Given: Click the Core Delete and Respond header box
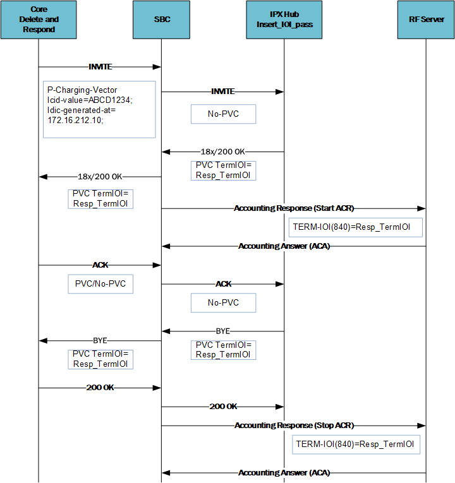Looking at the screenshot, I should (39, 20).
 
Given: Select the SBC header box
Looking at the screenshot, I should (161, 20).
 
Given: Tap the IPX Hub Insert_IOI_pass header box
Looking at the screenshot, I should (284, 20).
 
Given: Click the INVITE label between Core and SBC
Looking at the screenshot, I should (100, 66).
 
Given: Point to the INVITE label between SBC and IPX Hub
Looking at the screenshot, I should (222, 92).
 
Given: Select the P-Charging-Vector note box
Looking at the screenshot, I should (99, 109).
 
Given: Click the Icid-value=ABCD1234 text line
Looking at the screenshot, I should (91, 100).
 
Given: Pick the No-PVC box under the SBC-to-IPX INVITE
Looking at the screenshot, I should (224, 114).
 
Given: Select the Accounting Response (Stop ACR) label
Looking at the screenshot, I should (294, 426).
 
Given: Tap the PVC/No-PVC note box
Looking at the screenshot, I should (100, 284).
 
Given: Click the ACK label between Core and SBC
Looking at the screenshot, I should (100, 265).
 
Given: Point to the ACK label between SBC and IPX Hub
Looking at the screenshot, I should (223, 284).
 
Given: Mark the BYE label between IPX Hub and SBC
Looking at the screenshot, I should (223, 331).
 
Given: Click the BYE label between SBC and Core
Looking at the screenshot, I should (100, 340).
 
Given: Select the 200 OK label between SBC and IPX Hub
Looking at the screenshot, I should (223, 407).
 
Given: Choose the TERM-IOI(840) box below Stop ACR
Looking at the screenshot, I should (355, 444).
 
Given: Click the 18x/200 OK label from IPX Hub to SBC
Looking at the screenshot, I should (223, 152).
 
